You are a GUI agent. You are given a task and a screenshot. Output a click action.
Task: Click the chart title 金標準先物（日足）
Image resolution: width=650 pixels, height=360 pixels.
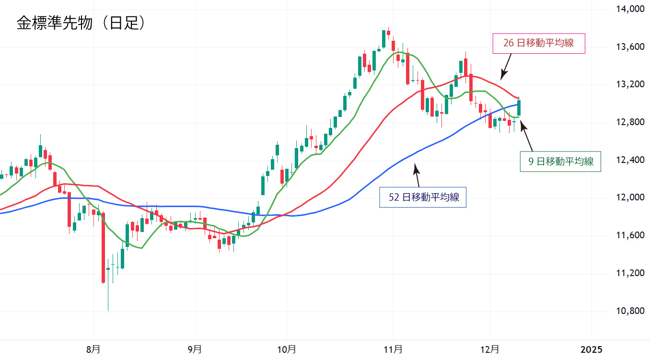pos(81,23)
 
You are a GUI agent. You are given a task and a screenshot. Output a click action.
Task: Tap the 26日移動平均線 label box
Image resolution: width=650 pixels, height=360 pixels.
pos(539,43)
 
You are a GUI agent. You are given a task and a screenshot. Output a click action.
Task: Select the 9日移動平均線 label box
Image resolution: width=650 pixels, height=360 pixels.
pos(561,162)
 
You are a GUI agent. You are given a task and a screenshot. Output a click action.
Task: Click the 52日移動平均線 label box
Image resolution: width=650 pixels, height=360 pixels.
pos(422,197)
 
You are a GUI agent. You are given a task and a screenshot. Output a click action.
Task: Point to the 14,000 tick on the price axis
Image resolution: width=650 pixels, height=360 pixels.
pos(628,9)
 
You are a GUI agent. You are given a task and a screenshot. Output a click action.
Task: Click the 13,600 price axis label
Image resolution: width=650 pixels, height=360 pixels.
pos(628,47)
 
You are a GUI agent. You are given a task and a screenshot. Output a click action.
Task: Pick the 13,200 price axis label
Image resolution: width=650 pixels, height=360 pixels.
pos(628,85)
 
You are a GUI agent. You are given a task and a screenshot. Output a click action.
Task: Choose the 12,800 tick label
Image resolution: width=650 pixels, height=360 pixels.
pos(628,122)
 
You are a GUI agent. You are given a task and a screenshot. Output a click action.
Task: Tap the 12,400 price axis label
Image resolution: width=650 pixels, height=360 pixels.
pos(628,160)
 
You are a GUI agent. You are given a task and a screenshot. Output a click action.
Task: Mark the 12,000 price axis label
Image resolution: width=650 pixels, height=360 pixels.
pos(628,198)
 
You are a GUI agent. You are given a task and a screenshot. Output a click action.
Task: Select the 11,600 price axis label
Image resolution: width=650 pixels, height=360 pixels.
pos(628,235)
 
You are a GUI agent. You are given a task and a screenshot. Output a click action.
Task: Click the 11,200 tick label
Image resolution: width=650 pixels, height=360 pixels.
pos(628,273)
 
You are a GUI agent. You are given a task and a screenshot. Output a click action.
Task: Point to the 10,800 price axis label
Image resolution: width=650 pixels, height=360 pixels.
pos(628,311)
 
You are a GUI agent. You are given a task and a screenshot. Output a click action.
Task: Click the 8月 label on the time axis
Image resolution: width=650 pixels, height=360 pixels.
pos(93,348)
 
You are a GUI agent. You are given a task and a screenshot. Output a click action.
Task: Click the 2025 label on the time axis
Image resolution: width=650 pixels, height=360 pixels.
pos(592,348)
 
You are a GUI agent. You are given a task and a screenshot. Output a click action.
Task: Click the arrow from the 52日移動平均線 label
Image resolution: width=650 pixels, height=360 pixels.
pos(417,175)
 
